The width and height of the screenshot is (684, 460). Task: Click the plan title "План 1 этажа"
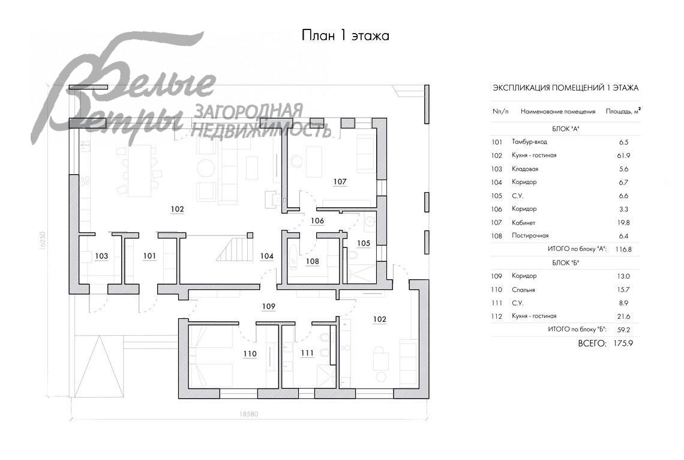345,35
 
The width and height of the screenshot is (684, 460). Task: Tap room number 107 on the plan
340,181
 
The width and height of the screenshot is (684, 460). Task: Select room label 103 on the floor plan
101,256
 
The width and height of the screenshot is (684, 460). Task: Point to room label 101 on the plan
149,256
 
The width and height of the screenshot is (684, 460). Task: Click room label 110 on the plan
250,354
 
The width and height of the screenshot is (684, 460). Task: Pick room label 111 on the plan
307,353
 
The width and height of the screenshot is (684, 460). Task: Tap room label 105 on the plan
364,243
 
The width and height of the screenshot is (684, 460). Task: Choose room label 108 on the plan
313,261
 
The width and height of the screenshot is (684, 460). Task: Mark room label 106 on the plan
317,220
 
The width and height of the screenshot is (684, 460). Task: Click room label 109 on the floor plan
269,306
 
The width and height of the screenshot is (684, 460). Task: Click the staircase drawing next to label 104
235,249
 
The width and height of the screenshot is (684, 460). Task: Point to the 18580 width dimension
248,414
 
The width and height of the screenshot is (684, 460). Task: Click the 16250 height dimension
42,240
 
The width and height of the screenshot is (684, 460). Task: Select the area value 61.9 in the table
624,156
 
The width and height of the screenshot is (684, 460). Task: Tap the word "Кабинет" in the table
523,223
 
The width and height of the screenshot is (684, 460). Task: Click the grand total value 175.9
623,343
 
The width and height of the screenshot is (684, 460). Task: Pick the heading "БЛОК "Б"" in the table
565,263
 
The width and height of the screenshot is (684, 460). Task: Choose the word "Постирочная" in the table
530,235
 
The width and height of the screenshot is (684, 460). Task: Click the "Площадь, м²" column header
623,111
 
